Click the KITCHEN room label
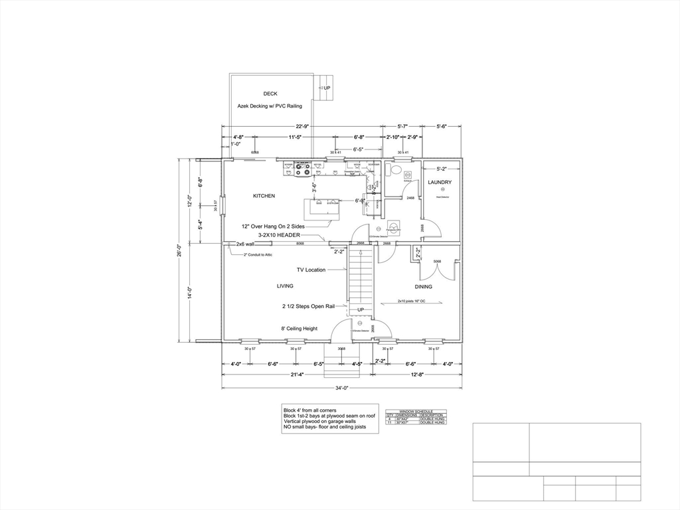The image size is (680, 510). point(264,196)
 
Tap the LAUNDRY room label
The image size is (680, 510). point(440,182)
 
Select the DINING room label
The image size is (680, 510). point(424,287)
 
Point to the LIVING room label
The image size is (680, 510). point(285,286)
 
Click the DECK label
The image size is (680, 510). point(270,94)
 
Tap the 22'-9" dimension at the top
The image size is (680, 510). point(303,126)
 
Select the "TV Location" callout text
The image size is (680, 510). point(311,270)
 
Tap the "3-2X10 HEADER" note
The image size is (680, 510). point(280,235)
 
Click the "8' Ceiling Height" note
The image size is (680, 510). point(299,328)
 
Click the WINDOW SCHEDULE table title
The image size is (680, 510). point(416,411)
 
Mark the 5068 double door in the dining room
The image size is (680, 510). point(437,262)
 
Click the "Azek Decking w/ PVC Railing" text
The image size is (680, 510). point(270,106)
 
